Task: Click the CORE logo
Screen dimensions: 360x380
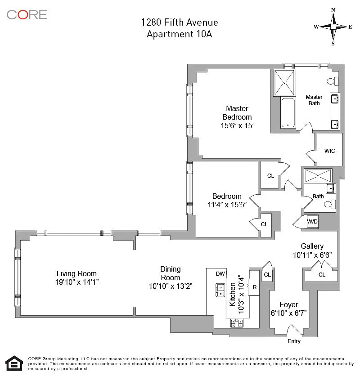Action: point(27,15)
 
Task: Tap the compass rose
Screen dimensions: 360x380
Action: point(333,27)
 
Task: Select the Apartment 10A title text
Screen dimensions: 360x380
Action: point(179,34)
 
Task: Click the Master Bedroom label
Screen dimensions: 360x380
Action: point(237,113)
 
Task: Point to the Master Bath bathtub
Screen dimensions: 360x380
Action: point(288,112)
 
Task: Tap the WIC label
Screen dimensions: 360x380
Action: point(329,151)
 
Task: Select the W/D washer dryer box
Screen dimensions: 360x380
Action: point(312,222)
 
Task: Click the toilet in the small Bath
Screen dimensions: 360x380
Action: point(330,204)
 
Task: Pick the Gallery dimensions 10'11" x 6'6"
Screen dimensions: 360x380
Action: point(312,255)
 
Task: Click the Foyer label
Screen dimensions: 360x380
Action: point(289,304)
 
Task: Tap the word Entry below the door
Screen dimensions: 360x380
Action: point(294,341)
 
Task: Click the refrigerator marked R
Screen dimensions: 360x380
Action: point(254,287)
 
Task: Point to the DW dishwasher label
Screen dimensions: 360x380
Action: point(220,274)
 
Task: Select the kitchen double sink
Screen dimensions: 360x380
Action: point(220,291)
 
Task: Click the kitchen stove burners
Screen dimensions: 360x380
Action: point(237,323)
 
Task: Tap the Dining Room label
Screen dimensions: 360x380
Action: point(170,273)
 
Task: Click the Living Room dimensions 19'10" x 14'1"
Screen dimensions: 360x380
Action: point(76,282)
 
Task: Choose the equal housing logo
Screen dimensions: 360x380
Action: point(14,363)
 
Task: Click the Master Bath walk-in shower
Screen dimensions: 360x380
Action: point(284,83)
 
